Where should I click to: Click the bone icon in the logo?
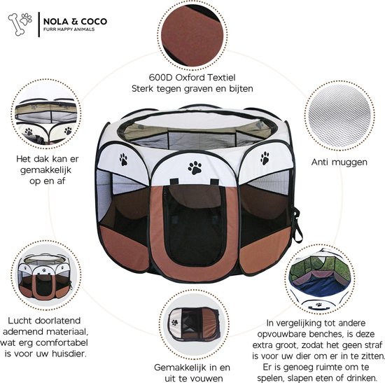click(16, 25)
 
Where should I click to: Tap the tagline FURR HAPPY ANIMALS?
click(69, 29)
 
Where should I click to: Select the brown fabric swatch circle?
click(192, 34)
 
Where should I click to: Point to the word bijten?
click(241, 89)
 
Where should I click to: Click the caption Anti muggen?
click(339, 162)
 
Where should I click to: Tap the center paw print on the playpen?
click(195, 168)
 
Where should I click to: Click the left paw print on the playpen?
click(123, 159)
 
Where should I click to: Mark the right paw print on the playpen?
click(265, 158)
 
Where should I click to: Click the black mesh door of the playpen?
click(195, 226)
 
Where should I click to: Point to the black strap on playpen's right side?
click(297, 224)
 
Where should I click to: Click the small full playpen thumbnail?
click(46, 276)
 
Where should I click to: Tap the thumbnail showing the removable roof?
click(46, 114)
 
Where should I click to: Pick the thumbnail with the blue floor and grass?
click(320, 279)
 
